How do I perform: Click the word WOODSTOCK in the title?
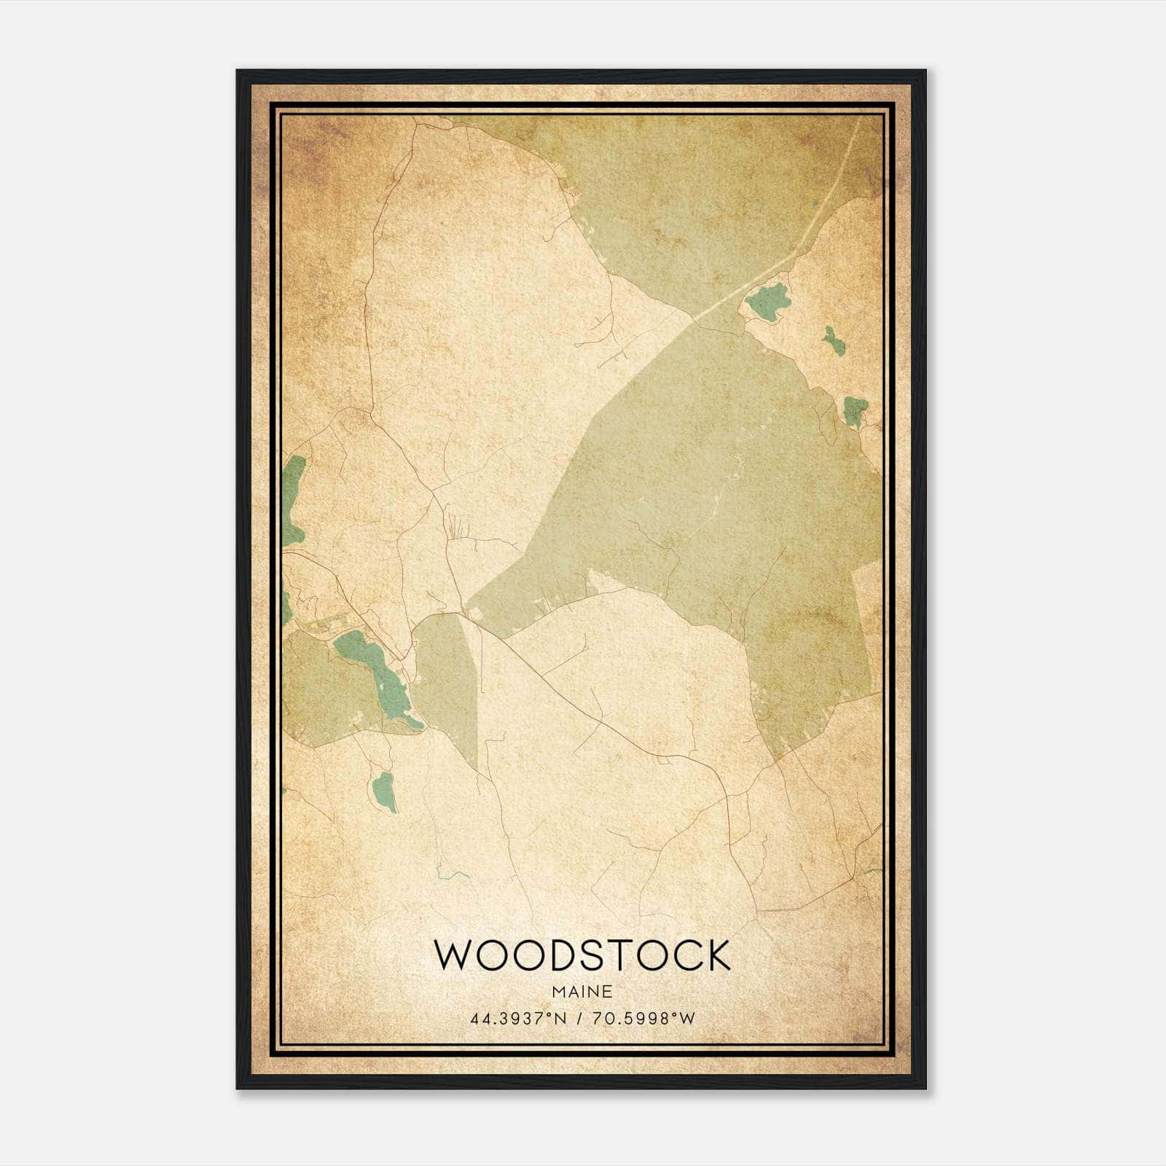582,955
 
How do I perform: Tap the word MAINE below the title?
582,992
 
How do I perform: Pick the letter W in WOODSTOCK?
453,955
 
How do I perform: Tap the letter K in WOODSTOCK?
715,955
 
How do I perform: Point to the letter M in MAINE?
557,992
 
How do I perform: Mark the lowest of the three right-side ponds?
855,411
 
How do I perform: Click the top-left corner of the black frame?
238,71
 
